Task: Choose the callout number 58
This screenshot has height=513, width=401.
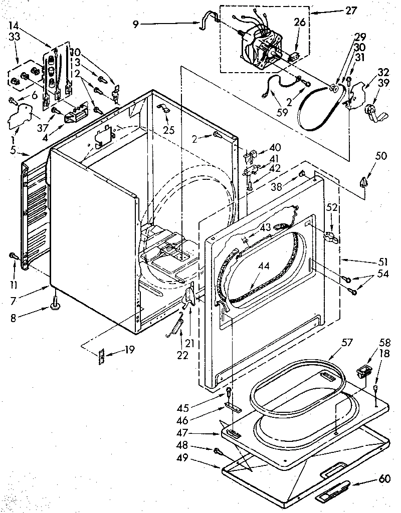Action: pyautogui.click(x=384, y=343)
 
